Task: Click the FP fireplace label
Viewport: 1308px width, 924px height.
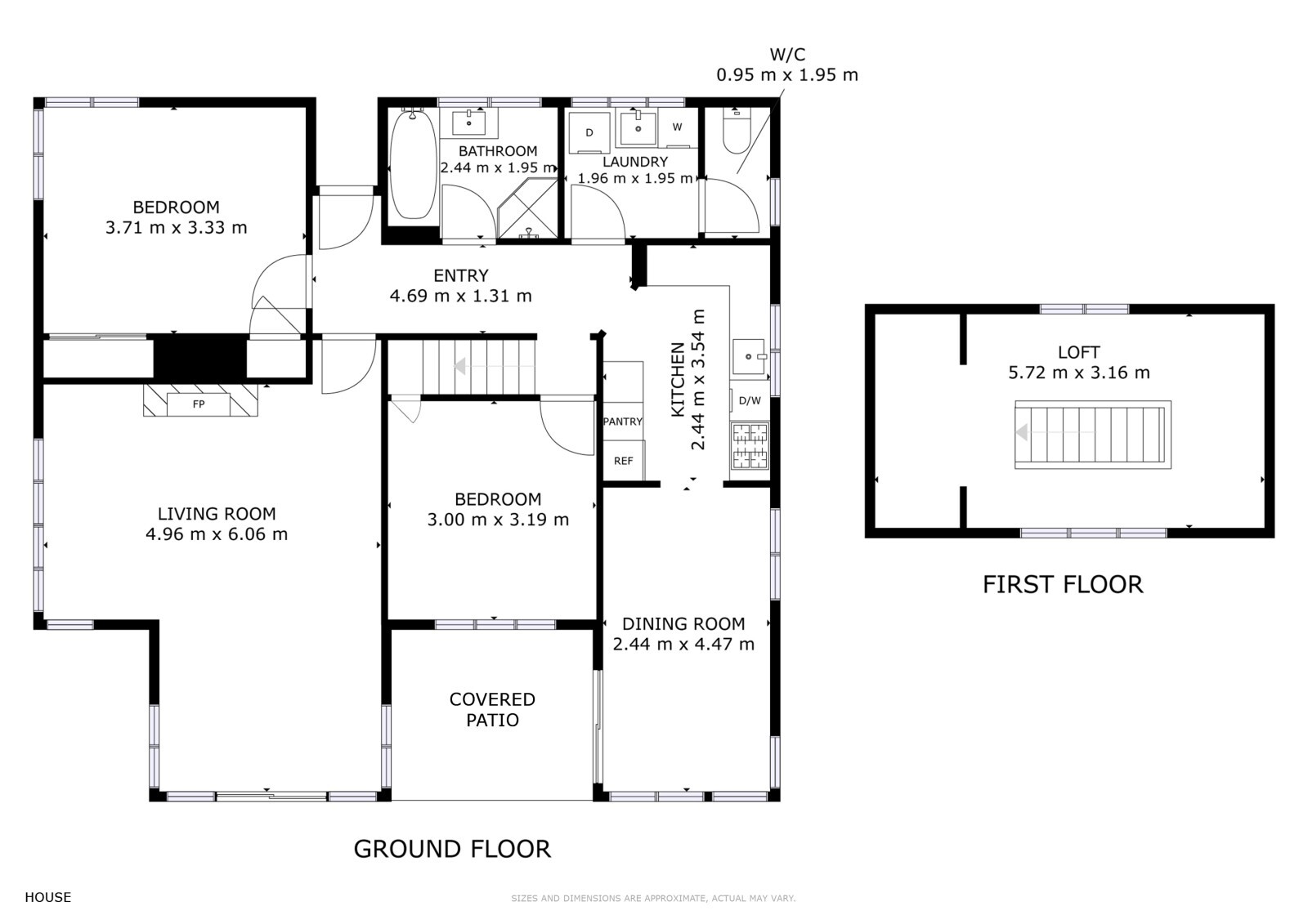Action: [199, 404]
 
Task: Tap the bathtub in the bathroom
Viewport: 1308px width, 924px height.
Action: [413, 164]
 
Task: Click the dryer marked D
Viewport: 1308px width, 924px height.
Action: [589, 132]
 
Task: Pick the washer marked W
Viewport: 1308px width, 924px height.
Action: [678, 127]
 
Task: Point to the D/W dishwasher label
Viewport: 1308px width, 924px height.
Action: [750, 400]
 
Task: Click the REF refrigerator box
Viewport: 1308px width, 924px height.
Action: [624, 461]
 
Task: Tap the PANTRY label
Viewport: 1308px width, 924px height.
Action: [622, 422]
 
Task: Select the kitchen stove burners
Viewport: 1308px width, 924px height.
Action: [750, 446]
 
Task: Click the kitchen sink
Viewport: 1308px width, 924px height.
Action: [749, 356]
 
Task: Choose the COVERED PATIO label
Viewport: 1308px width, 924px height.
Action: [492, 709]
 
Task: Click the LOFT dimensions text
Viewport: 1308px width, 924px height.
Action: [1079, 372]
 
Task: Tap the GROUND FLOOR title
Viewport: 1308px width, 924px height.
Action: [453, 849]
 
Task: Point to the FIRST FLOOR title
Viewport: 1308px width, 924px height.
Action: [1063, 584]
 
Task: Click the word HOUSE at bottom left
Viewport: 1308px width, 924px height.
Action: [48, 897]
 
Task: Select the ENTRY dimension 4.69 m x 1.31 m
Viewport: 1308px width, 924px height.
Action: [461, 296]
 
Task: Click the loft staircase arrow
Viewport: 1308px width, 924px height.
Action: [1055, 432]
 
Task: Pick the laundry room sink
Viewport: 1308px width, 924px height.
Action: [638, 127]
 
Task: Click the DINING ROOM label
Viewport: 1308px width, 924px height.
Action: [683, 624]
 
